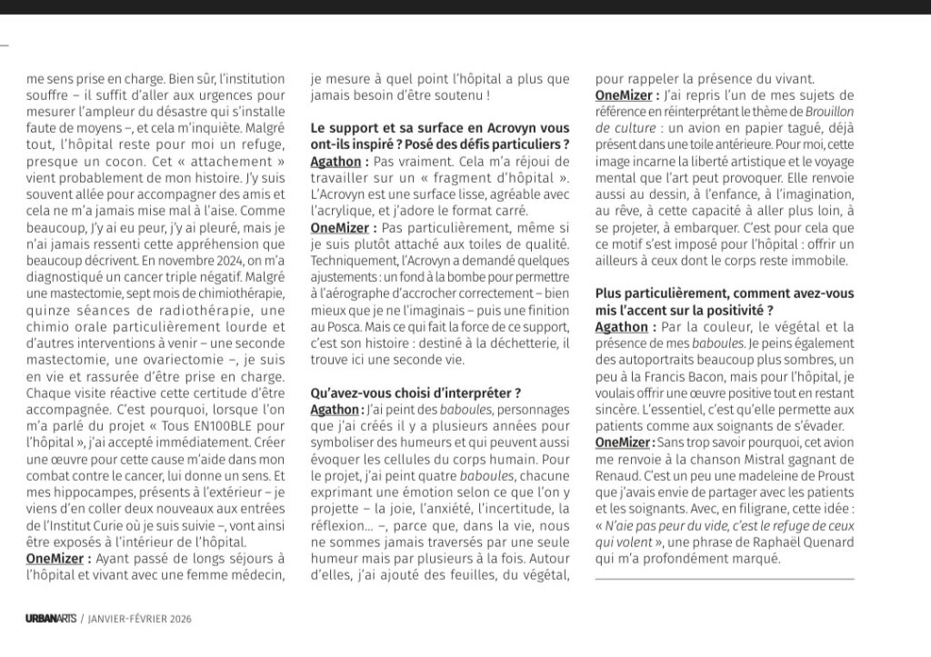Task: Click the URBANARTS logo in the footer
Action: tap(50, 618)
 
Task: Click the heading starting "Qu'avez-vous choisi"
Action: tap(415, 393)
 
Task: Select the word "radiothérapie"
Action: tap(199, 310)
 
